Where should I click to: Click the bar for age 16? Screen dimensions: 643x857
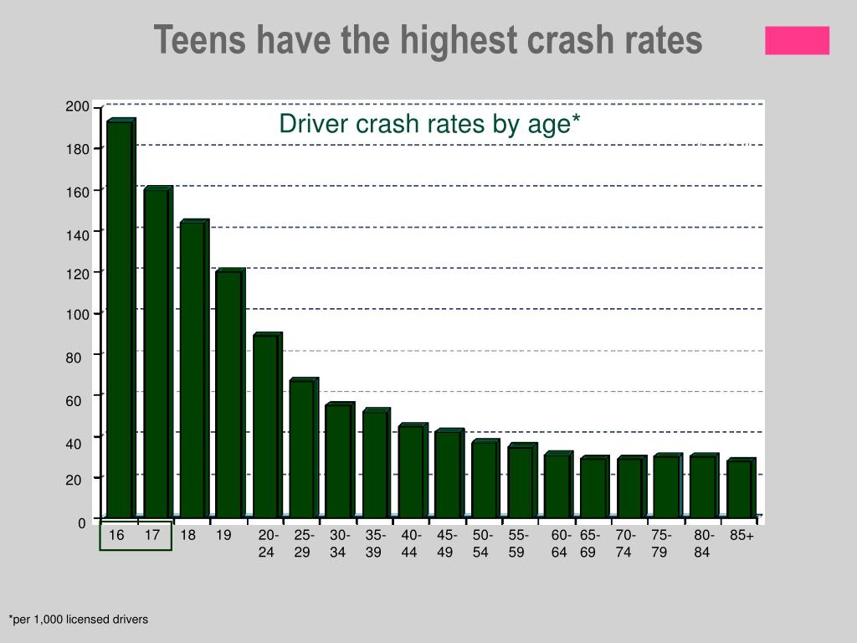click(120, 318)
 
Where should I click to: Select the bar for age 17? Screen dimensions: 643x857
click(156, 352)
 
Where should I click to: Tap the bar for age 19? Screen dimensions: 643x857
click(228, 394)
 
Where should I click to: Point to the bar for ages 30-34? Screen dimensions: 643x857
click(337, 460)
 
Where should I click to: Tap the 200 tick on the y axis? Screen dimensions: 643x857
click(77, 106)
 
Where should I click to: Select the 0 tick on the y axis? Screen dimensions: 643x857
click(82, 523)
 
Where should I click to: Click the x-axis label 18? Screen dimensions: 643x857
click(188, 536)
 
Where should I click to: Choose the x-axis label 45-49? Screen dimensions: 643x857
click(447, 543)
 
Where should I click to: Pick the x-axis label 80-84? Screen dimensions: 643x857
click(703, 543)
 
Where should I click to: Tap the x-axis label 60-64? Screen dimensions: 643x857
click(561, 543)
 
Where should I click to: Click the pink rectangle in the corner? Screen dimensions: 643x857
click(797, 40)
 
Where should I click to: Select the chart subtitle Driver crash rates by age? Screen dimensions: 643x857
click(429, 124)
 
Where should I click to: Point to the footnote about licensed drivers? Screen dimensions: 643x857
click(79, 620)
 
